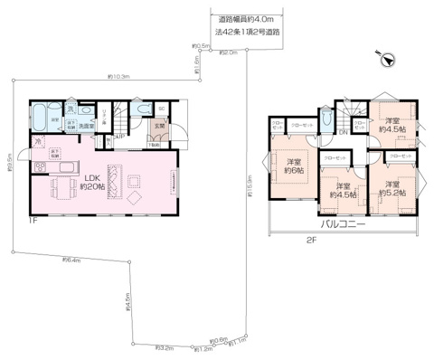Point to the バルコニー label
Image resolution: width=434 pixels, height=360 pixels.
pyautogui.click(x=343, y=223)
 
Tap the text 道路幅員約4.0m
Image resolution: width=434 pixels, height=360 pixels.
pyautogui.click(x=250, y=18)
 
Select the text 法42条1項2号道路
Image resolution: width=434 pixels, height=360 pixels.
pyautogui.click(x=250, y=32)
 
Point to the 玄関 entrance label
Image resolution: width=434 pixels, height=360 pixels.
pyautogui.click(x=159, y=126)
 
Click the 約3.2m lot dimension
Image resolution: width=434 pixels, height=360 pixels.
pyautogui.click(x=165, y=346)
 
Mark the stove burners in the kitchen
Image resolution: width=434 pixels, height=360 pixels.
pyautogui.click(x=41, y=169)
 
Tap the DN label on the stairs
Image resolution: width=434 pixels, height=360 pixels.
pyautogui.click(x=344, y=132)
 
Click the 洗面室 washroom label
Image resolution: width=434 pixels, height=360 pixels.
pyautogui.click(x=85, y=126)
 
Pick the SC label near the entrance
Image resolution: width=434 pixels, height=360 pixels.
pyautogui.click(x=163, y=109)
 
